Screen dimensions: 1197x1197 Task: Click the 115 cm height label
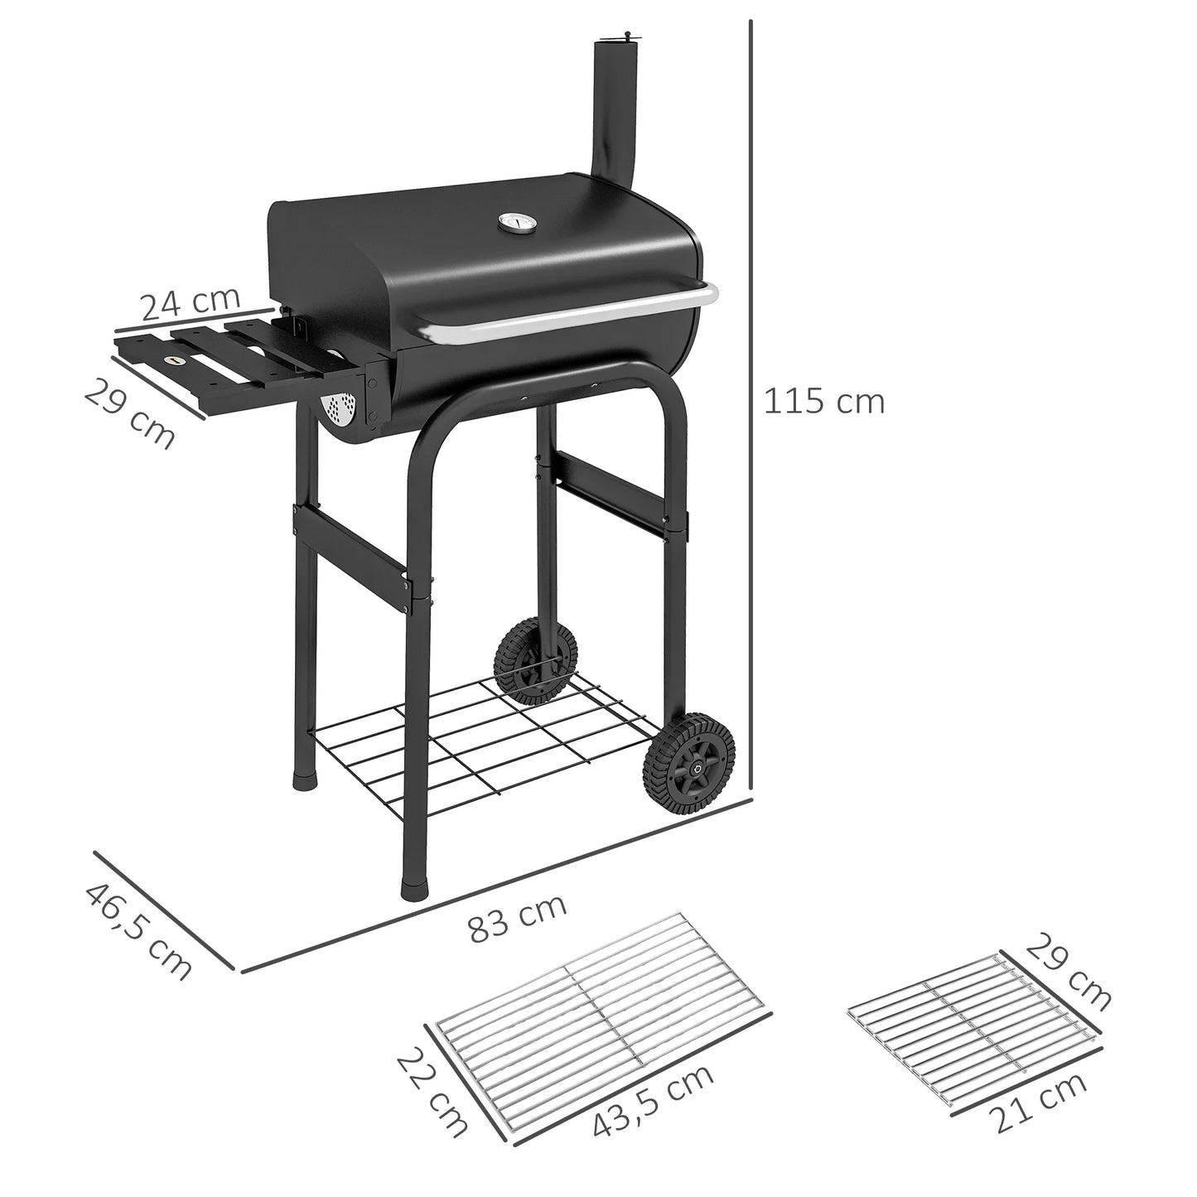pos(823,402)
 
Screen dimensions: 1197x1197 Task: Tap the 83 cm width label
pos(519,917)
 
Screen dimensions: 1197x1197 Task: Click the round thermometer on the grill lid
pos(509,224)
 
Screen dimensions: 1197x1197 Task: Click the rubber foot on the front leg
pos(413,887)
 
